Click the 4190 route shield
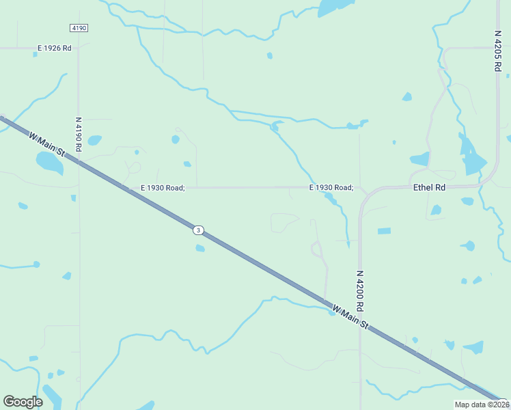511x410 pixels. (78, 27)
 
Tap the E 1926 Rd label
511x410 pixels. (54, 48)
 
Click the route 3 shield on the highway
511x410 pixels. (197, 230)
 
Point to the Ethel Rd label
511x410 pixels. (429, 187)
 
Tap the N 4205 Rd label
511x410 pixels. (498, 51)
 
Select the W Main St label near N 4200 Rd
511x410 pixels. (350, 318)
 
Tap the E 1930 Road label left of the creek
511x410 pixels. (163, 187)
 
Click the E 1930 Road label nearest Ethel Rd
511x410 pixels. (331, 187)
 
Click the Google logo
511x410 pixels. (23, 402)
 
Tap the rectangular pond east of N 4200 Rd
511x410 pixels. (384, 231)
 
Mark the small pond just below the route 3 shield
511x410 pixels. (199, 248)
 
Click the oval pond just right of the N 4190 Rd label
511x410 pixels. (94, 140)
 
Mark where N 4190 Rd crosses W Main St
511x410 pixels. (79, 161)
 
